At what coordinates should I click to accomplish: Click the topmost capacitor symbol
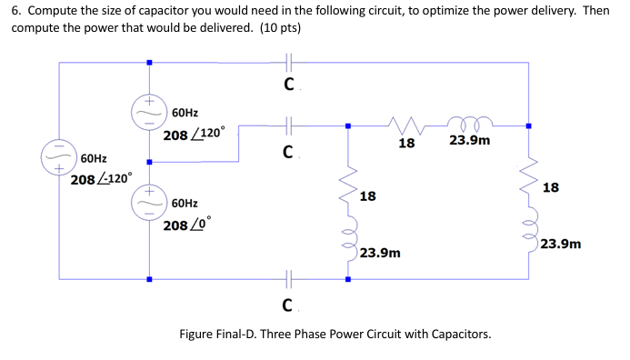point(288,63)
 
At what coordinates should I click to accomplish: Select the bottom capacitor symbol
point(288,278)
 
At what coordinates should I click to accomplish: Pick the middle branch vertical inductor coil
point(346,241)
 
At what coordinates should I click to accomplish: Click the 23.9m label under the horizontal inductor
point(469,142)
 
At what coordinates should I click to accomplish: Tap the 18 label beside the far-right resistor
point(551,188)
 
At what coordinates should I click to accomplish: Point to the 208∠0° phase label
point(186,224)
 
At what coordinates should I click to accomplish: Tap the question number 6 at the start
point(15,11)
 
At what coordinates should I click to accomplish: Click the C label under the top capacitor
point(287,85)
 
